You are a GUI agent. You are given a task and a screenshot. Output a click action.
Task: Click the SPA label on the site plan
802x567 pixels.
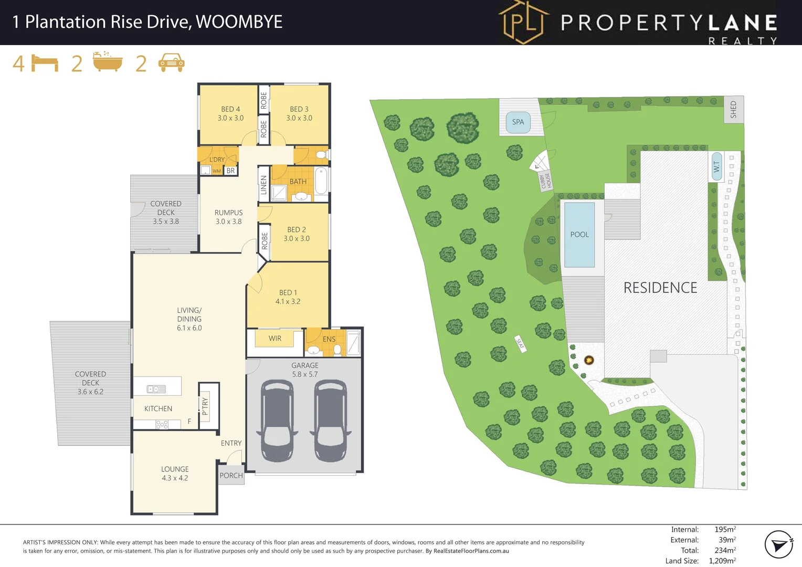point(518,122)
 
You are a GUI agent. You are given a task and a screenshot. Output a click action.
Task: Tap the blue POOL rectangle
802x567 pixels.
point(579,235)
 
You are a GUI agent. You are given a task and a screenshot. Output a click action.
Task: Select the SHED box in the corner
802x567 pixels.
point(734,109)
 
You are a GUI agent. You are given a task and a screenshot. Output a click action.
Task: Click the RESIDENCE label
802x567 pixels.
point(660,288)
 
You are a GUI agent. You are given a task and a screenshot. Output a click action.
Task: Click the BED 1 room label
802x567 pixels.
point(288,297)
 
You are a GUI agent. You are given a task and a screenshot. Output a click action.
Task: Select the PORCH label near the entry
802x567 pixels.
point(231,476)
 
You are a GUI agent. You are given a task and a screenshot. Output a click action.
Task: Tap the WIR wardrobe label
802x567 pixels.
point(275,339)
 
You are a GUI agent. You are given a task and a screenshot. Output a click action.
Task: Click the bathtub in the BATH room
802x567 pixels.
point(322,181)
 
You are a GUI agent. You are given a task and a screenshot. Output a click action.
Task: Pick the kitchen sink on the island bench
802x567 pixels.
point(156,389)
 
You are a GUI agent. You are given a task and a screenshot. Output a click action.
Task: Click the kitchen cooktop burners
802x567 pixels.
point(162,425)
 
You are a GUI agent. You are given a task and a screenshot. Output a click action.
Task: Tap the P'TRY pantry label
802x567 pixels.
point(205,406)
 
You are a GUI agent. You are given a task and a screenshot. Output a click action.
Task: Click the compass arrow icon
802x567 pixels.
point(778,544)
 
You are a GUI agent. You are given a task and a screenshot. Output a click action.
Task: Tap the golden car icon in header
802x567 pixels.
point(171,62)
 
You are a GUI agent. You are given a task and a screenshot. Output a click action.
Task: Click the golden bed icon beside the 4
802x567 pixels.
point(45,63)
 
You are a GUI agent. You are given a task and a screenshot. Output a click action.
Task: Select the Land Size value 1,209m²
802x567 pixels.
point(722,561)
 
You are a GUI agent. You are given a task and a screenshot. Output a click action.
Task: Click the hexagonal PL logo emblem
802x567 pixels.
point(523,22)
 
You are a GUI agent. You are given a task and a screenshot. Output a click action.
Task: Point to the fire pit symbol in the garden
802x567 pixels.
point(589,360)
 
